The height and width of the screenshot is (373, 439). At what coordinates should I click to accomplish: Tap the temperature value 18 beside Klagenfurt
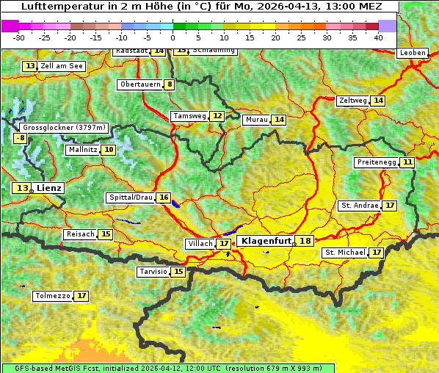305,241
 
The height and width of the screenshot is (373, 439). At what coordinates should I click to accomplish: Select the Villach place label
200,243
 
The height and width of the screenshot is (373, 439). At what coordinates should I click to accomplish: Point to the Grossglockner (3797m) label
65,127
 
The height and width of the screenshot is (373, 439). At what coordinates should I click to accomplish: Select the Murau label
256,120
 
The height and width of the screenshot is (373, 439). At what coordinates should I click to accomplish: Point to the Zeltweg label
353,101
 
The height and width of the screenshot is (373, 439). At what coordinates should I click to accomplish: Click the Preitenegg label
376,162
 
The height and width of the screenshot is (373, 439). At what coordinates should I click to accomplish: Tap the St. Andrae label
360,206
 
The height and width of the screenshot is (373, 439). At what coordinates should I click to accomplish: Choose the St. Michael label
345,253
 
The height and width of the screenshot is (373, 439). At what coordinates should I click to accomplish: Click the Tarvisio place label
153,272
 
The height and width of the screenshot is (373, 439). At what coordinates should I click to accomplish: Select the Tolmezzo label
53,296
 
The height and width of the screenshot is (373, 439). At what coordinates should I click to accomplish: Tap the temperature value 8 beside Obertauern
170,84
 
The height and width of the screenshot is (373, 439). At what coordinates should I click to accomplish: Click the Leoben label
412,53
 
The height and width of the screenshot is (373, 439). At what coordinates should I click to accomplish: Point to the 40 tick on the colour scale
378,37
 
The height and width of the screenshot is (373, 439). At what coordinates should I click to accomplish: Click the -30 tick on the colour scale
19,37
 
